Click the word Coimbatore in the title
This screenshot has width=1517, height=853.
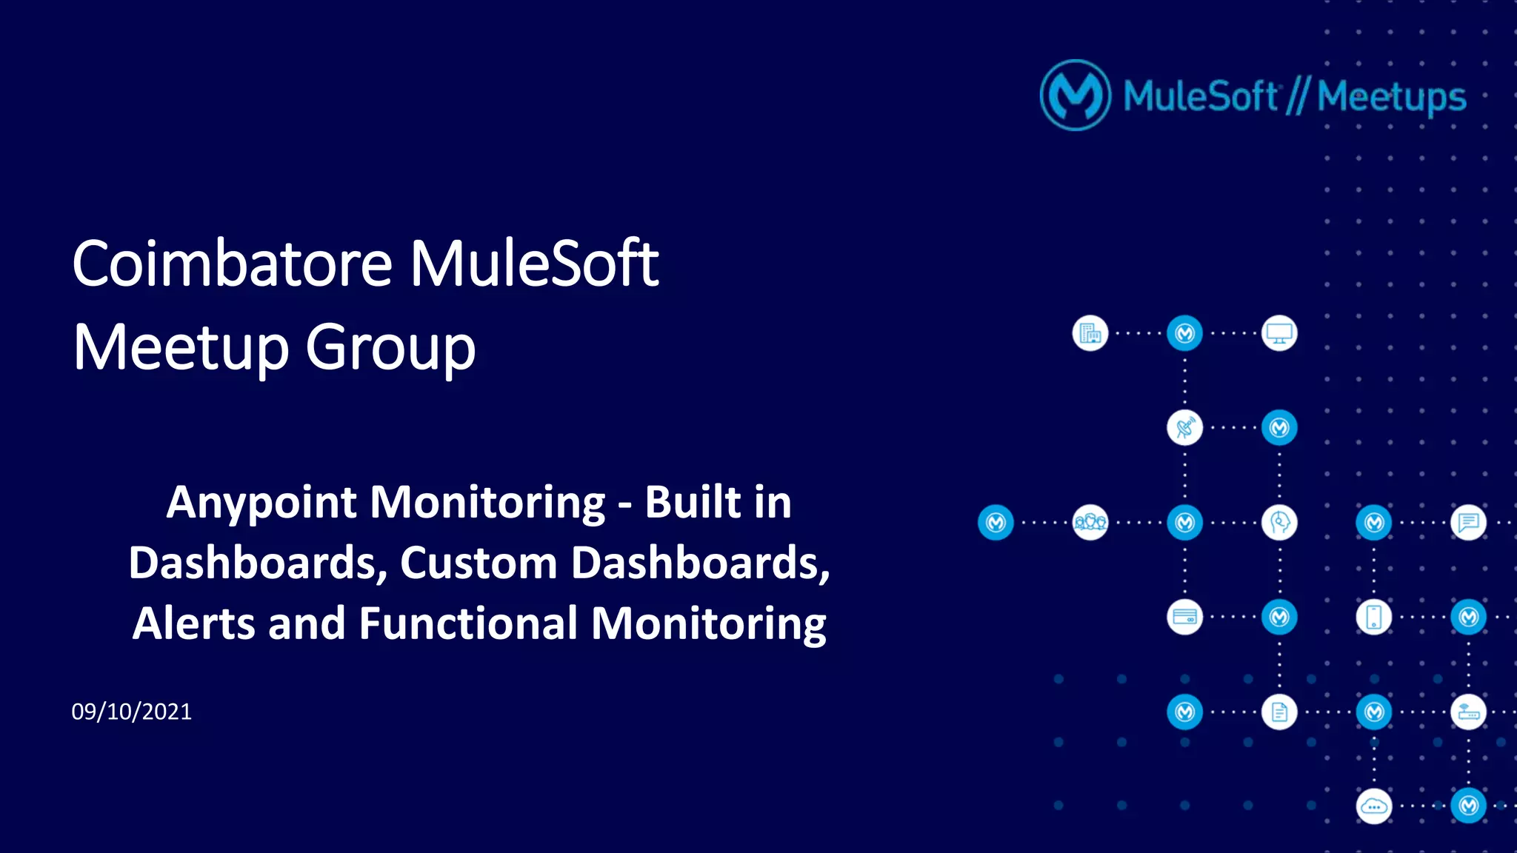tap(232, 264)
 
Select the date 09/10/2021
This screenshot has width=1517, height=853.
tap(132, 712)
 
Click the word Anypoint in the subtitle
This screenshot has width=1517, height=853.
tap(262, 503)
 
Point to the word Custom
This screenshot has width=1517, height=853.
tap(479, 563)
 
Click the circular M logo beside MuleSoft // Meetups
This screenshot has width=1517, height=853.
tap(1076, 96)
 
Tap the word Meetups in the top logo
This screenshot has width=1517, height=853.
tap(1391, 97)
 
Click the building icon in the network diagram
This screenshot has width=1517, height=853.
tap(1090, 334)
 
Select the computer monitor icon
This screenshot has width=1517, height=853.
tap(1279, 334)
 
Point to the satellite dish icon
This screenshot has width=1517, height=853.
tap(1184, 428)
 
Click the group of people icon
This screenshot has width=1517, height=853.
tap(1090, 523)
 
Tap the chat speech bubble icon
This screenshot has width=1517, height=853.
tap(1468, 523)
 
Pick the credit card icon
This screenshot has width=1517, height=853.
tap(1184, 618)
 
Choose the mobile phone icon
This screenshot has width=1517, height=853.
tap(1374, 618)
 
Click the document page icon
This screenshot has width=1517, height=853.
tap(1279, 712)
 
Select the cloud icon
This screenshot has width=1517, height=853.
tap(1374, 806)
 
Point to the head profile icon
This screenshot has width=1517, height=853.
tap(1279, 523)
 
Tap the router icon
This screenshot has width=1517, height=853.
tap(1468, 712)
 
